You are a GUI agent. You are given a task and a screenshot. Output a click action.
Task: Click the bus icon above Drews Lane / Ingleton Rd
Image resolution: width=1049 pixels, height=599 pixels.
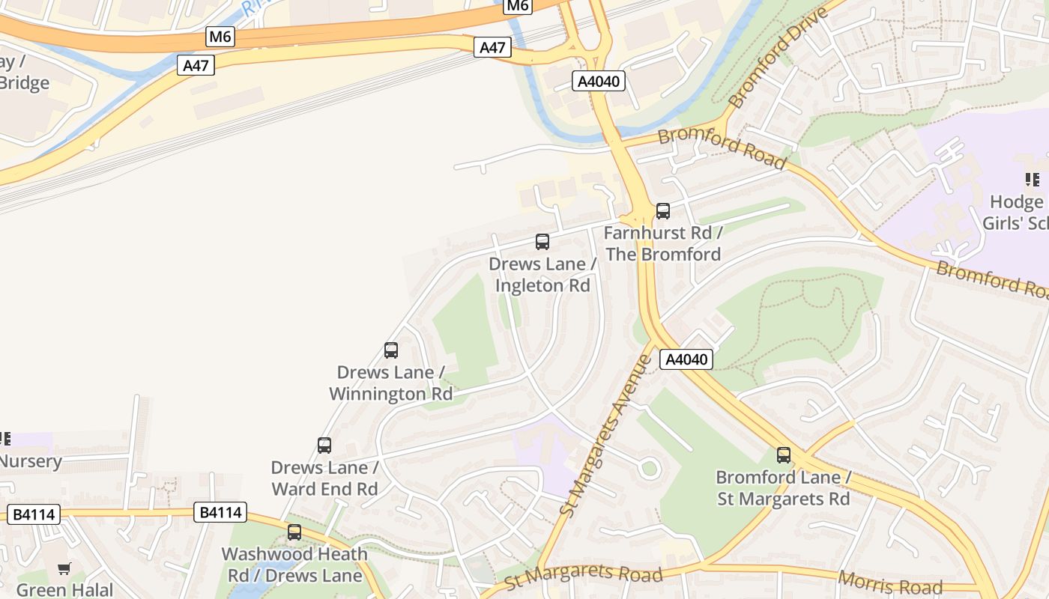pos(542,242)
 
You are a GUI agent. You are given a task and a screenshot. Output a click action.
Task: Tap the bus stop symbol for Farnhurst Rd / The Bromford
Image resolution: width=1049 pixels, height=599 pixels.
pos(662,211)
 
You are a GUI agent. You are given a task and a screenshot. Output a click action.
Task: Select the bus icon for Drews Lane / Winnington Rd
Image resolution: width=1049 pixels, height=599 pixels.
pos(390,350)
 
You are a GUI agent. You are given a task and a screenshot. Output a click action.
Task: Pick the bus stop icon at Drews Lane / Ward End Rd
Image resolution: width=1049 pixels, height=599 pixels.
pos(324,446)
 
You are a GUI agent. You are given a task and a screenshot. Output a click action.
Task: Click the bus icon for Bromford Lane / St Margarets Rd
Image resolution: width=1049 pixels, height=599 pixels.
pos(783,454)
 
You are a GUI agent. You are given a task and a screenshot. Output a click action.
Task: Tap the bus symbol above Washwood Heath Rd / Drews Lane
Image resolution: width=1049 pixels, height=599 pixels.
pos(294,532)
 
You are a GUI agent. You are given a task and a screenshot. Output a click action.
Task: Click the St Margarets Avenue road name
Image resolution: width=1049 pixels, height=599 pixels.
pos(607,434)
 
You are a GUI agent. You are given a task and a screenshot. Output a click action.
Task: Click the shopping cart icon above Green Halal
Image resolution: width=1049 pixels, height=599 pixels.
pos(64,569)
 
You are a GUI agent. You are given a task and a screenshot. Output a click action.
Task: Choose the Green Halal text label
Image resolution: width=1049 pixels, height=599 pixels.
pos(64,590)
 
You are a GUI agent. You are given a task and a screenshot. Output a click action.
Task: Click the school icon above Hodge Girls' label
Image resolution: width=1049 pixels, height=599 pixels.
pos(1032,180)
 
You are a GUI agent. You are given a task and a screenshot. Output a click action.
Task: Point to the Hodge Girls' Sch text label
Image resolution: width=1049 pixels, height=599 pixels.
pos(1015,213)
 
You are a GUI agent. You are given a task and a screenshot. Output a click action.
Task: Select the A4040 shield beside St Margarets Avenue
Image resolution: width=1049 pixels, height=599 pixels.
pos(686,359)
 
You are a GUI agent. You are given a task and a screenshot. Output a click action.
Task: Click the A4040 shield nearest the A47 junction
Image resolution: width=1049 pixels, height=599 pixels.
pos(599,81)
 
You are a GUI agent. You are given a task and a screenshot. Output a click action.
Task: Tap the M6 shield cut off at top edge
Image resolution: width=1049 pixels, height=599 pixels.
pos(517,6)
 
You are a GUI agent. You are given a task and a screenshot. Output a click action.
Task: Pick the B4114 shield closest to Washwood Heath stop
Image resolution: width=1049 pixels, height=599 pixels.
pos(220,512)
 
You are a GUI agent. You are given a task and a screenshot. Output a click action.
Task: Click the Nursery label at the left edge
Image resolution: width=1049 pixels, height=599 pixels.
pos(30,460)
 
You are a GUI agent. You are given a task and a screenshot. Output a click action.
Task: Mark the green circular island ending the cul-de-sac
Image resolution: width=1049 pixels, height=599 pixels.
pos(650,469)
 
